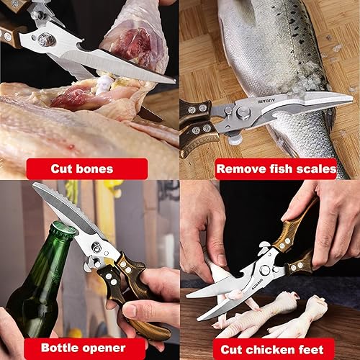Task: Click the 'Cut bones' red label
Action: (x=81, y=169)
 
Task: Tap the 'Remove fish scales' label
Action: (x=276, y=169)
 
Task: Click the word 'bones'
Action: (x=98, y=169)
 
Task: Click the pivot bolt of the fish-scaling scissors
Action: (x=243, y=112)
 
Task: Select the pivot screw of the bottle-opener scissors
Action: (x=96, y=247)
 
